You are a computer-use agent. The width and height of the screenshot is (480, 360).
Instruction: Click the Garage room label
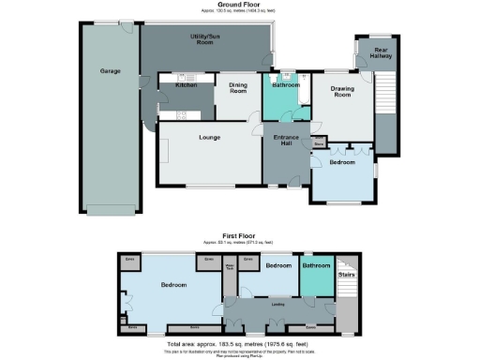110,70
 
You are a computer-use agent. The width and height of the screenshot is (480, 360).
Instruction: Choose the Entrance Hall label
285,142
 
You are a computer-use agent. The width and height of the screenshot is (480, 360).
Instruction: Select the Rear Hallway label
381,52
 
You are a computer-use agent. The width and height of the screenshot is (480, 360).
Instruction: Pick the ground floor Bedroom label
342,162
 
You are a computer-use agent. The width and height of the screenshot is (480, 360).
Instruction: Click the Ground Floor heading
239,5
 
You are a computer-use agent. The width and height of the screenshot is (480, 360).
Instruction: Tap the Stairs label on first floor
345,275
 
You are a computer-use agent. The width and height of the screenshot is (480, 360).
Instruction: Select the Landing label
277,303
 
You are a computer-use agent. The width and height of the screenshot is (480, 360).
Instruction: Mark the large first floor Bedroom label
172,284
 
